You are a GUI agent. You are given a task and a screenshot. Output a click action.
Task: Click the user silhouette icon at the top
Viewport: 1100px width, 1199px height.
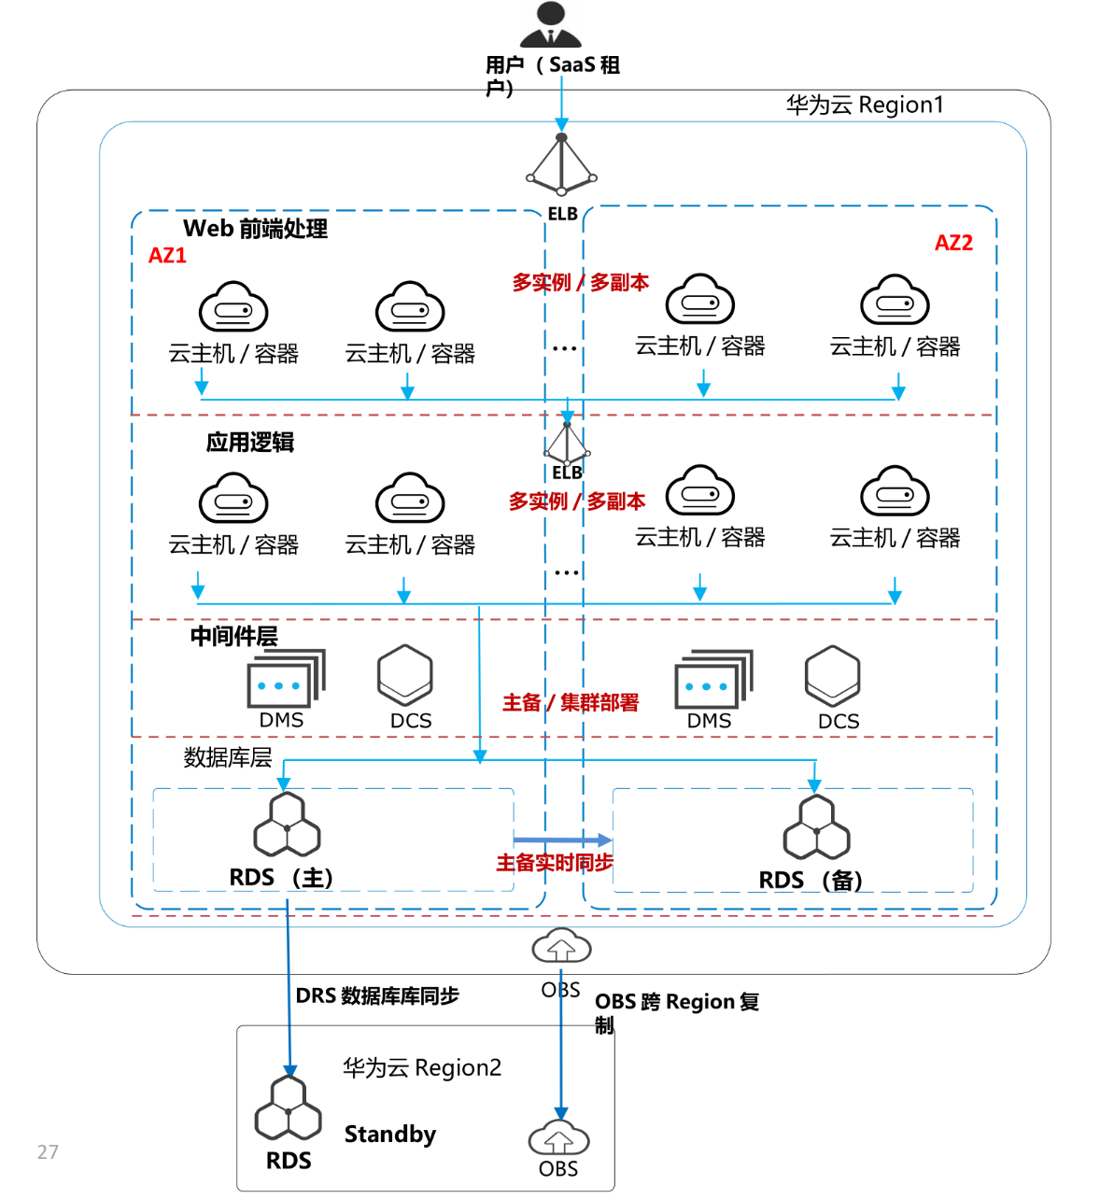coord(551,25)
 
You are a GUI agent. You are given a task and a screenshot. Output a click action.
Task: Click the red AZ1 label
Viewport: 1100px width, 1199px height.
coord(168,256)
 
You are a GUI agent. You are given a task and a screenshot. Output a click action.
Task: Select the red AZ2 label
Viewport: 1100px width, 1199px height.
coord(953,243)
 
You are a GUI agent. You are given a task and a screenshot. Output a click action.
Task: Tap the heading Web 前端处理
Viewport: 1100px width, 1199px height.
coord(255,229)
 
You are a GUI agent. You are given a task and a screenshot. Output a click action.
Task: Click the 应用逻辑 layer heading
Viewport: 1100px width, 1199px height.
coord(249,442)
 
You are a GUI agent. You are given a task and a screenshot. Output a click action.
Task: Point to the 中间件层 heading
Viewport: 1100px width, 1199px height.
coord(233,636)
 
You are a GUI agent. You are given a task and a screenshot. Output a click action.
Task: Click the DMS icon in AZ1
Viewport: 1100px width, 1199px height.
coord(286,679)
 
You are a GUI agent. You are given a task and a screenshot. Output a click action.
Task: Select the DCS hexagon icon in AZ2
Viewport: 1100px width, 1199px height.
coord(832,676)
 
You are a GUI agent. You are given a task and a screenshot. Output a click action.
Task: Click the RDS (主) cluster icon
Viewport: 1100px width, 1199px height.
coord(287,825)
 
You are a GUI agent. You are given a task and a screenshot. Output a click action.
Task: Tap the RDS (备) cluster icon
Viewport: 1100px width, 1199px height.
coord(817,827)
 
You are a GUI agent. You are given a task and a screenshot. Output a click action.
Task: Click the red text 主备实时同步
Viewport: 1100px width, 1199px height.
coord(554,863)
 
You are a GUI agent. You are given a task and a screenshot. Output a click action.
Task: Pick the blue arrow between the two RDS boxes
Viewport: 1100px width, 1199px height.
coord(562,840)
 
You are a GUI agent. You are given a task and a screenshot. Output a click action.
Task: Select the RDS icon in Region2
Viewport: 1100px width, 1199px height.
coord(289,1108)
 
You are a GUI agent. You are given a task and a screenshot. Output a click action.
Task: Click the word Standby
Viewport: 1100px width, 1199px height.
coord(389,1135)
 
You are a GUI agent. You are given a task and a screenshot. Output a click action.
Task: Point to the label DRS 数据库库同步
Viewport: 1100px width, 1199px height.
coord(376,996)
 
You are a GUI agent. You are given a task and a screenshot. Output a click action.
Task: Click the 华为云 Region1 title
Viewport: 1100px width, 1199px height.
coord(865,105)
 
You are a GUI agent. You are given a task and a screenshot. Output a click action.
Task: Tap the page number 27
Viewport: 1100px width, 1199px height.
coord(48,1152)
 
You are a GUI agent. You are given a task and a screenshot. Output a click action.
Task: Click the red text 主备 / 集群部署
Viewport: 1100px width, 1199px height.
coord(571,702)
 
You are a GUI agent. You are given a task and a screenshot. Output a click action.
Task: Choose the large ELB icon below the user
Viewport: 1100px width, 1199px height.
coord(561,165)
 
